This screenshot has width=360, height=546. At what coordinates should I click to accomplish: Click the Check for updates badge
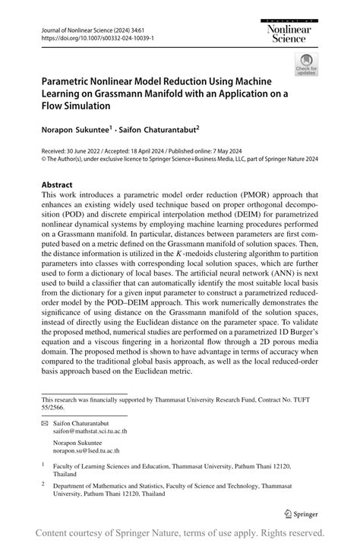tap(306, 64)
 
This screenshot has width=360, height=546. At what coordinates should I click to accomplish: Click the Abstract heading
tap(57, 185)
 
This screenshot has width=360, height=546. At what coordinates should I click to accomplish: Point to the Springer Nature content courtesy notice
tap(180, 532)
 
